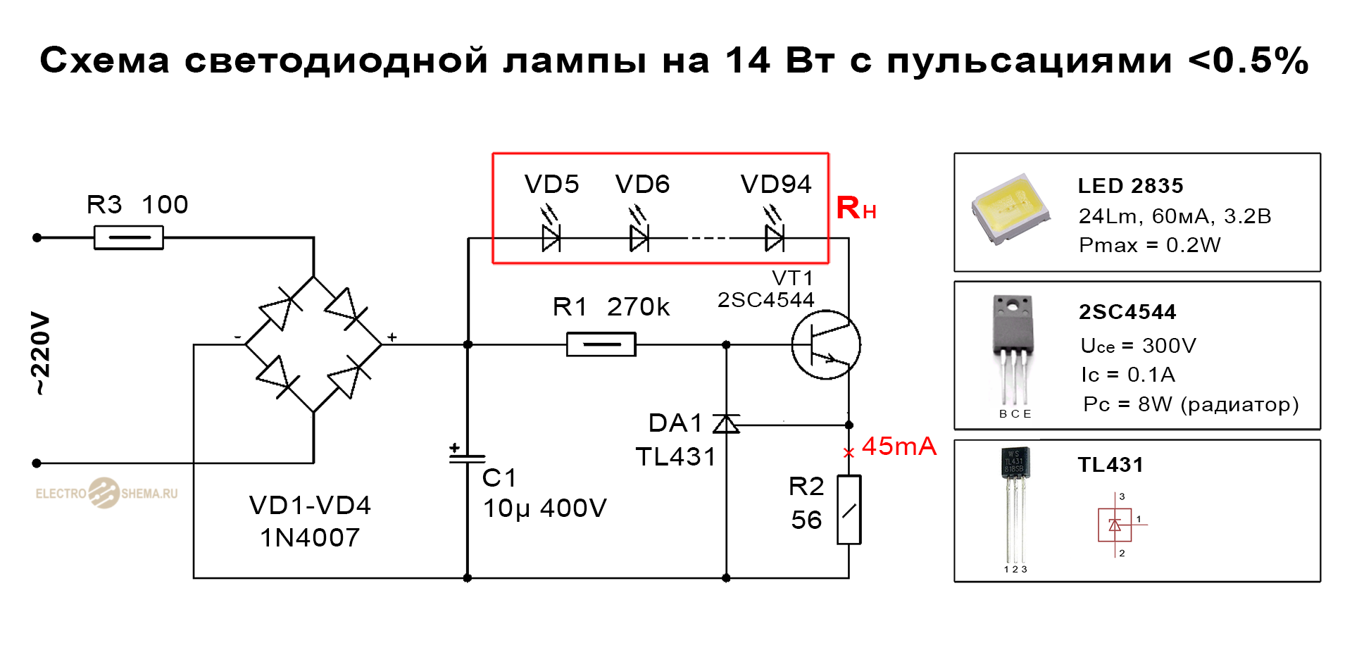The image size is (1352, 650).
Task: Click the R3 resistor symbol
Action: (x=129, y=237)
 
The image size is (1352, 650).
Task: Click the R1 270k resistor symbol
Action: (x=601, y=344)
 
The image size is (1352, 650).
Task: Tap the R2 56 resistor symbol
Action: (x=849, y=510)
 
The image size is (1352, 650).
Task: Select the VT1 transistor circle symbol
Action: (x=826, y=344)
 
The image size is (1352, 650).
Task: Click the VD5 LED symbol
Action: (x=551, y=237)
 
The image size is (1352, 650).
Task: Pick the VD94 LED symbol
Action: (x=775, y=237)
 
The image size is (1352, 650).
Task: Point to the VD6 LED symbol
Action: (x=639, y=237)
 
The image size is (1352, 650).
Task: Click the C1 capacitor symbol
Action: (x=467, y=458)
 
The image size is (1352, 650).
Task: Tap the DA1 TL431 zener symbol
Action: (x=726, y=424)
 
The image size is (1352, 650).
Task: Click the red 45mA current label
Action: (x=899, y=446)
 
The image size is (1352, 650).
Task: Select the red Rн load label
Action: (x=856, y=208)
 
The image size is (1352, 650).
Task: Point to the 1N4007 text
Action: (x=310, y=538)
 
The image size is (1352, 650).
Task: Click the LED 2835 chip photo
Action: (x=1011, y=209)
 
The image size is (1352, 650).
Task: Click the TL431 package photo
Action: (x=1015, y=504)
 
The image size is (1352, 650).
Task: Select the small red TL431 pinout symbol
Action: (x=1115, y=525)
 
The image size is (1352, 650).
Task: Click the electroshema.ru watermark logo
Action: (x=106, y=493)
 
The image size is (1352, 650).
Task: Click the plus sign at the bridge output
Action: (x=392, y=337)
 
